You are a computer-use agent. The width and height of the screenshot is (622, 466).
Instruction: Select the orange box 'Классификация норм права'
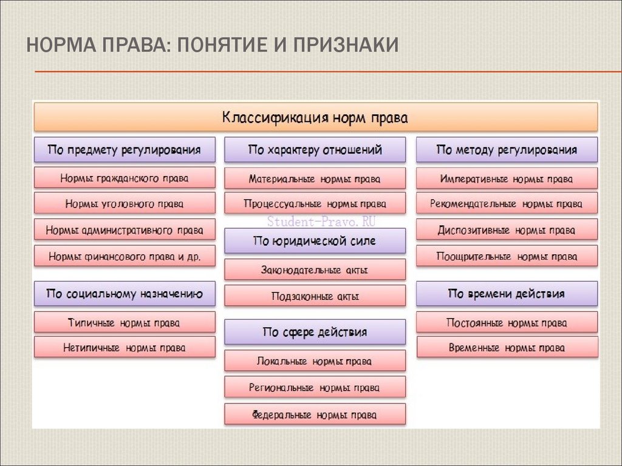click(315, 116)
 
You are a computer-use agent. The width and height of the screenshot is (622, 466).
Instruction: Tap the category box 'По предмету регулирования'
click(125, 150)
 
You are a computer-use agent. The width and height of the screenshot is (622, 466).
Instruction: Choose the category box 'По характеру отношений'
click(315, 150)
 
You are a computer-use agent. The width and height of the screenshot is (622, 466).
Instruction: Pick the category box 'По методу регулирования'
click(507, 150)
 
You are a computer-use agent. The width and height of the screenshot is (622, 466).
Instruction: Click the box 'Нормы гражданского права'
click(125, 178)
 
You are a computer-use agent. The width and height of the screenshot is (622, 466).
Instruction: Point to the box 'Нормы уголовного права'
click(125, 204)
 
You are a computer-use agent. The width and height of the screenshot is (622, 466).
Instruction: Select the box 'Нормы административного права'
click(125, 231)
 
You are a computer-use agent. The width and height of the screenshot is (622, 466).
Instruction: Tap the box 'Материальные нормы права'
click(315, 179)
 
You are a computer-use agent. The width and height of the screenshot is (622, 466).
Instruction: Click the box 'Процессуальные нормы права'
click(315, 204)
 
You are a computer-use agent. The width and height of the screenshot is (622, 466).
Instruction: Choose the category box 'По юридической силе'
click(315, 241)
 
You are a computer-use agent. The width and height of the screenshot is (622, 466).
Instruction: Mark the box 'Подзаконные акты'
click(315, 297)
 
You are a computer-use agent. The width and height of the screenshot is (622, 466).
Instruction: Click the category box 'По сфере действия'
click(315, 332)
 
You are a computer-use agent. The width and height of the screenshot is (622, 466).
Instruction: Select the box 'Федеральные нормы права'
click(315, 415)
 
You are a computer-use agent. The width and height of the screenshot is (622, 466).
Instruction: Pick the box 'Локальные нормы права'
click(315, 361)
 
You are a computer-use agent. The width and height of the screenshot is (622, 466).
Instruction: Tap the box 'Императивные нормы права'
click(507, 179)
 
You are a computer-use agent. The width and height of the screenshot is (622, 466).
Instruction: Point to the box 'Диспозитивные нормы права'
click(507, 231)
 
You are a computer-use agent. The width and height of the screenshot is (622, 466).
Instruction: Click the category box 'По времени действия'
click(507, 294)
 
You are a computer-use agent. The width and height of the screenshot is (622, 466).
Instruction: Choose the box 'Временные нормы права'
click(507, 348)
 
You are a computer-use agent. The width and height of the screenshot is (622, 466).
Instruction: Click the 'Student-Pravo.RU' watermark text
click(322, 221)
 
